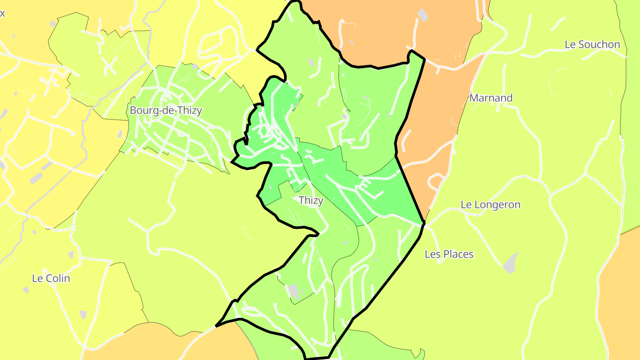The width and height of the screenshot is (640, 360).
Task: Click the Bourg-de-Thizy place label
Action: (166, 110)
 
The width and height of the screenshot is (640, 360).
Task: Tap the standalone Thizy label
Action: (311, 200)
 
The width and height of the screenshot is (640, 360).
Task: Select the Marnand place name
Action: (491, 98)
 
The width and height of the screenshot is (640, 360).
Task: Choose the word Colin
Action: (58, 279)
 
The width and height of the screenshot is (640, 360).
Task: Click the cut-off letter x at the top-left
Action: (2, 13)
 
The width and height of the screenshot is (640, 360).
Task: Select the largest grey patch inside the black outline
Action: (293, 292)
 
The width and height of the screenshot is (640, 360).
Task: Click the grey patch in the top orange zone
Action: (423, 16)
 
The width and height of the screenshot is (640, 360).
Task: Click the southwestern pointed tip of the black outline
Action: (217, 326)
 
